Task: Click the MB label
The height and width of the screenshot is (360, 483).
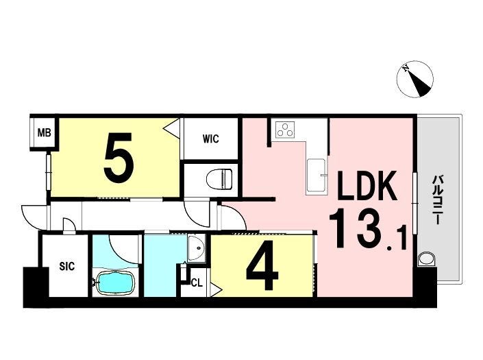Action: tap(44, 133)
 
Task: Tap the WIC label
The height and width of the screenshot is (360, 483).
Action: tap(211, 139)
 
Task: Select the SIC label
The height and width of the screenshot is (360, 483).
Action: tap(67, 266)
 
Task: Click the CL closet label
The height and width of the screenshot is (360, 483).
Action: tap(197, 283)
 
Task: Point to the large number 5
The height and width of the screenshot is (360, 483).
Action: tap(119, 158)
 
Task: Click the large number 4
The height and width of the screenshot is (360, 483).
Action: tap(262, 265)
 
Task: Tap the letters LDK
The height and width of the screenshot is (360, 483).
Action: tap(367, 186)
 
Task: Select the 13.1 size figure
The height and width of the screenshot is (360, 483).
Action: tap(368, 228)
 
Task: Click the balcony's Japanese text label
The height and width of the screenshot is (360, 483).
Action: tap(436, 200)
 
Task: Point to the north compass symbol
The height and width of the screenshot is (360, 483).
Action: tap(415, 80)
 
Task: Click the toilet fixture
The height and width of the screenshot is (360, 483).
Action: tap(220, 179)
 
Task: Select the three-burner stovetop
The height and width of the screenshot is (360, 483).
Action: tap(285, 130)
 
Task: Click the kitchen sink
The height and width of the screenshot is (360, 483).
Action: tap(316, 177)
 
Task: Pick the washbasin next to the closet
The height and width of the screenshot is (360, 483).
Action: tap(196, 248)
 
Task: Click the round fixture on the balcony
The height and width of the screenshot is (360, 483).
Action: tap(427, 259)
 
